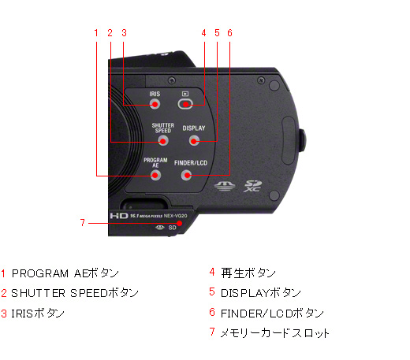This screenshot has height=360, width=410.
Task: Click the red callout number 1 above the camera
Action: coord(96,33)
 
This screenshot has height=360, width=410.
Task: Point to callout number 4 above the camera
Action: coord(203,33)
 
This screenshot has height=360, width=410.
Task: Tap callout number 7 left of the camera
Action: coord(82,223)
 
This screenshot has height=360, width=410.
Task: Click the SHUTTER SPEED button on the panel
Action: coord(163,141)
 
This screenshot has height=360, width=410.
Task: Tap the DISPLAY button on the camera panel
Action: coord(194,141)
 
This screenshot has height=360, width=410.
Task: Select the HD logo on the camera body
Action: coord(118,213)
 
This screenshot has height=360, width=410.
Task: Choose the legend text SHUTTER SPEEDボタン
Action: coord(75,293)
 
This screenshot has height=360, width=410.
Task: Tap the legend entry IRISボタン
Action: coord(39,313)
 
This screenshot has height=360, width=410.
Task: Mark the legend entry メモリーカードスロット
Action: coord(275,332)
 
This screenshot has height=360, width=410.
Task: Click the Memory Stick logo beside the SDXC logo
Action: coord(222,186)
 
